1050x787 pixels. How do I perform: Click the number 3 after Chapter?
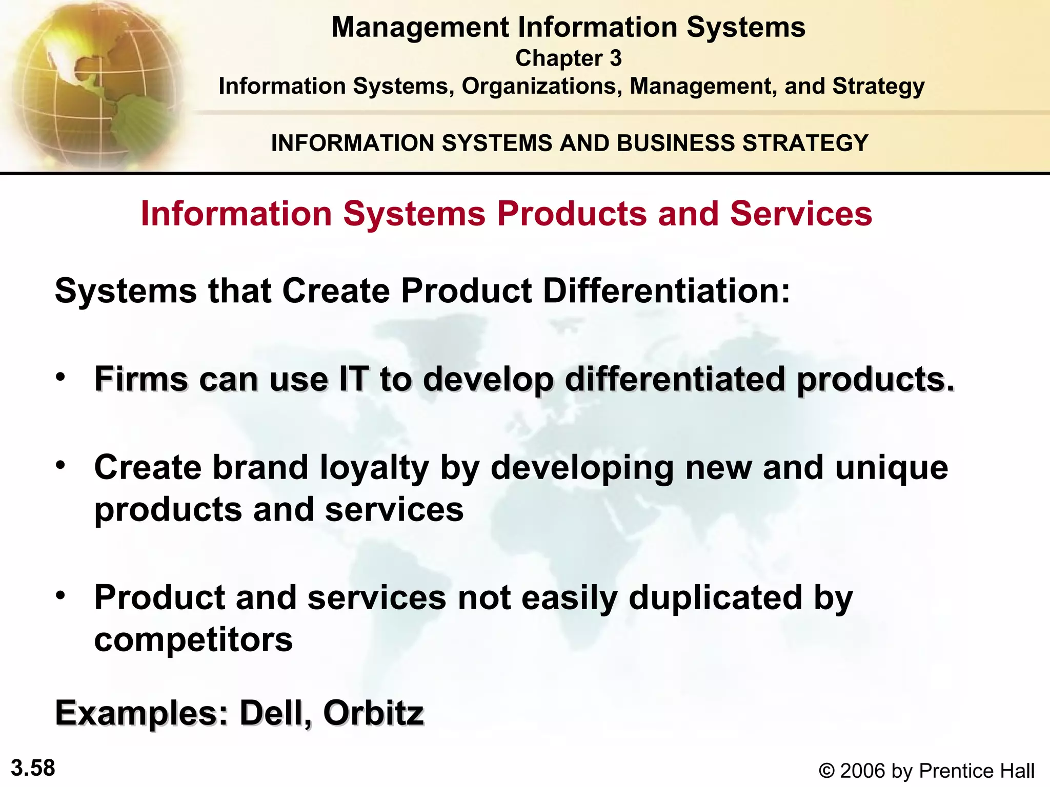pos(615,58)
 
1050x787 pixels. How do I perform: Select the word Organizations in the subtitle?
pos(542,86)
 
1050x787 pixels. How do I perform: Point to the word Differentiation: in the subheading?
pos(666,291)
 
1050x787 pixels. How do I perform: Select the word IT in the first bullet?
pos(353,379)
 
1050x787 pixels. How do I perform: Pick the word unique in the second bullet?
pos(892,468)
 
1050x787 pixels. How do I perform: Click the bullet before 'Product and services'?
pos(61,595)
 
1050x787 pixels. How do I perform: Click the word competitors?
pos(193,640)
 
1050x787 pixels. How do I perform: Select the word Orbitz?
pos(373,713)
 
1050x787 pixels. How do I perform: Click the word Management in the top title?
pos(420,28)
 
